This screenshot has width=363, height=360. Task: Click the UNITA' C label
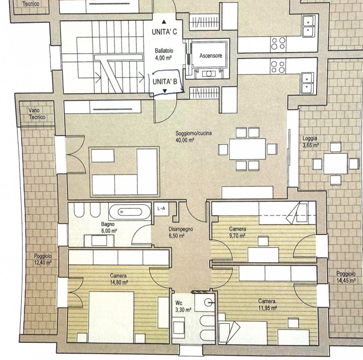pyautogui.click(x=164, y=31)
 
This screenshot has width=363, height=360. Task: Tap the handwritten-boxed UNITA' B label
pyautogui.click(x=165, y=82)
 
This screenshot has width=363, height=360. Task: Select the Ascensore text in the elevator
pyautogui.click(x=211, y=55)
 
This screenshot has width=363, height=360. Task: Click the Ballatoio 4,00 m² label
pyautogui.click(x=164, y=54)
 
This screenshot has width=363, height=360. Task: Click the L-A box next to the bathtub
pyautogui.click(x=162, y=209)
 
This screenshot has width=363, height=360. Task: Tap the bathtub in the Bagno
pyautogui.click(x=130, y=212)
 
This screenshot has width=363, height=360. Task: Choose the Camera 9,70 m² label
pyautogui.click(x=237, y=232)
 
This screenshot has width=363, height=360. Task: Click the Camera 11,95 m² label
pyautogui.click(x=267, y=305)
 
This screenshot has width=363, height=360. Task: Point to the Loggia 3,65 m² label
pyautogui.click(x=310, y=142)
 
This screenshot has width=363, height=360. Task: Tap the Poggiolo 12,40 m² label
pyautogui.click(x=43, y=260)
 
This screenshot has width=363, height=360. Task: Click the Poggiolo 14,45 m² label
pyautogui.click(x=346, y=277)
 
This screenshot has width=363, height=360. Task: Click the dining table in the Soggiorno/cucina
pyautogui.click(x=247, y=149)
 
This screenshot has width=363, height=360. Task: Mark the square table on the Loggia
pyautogui.click(x=335, y=163)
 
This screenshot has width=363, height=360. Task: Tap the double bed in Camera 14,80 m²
pyautogui.click(x=111, y=317)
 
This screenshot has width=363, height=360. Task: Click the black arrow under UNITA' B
pyautogui.click(x=165, y=91)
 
